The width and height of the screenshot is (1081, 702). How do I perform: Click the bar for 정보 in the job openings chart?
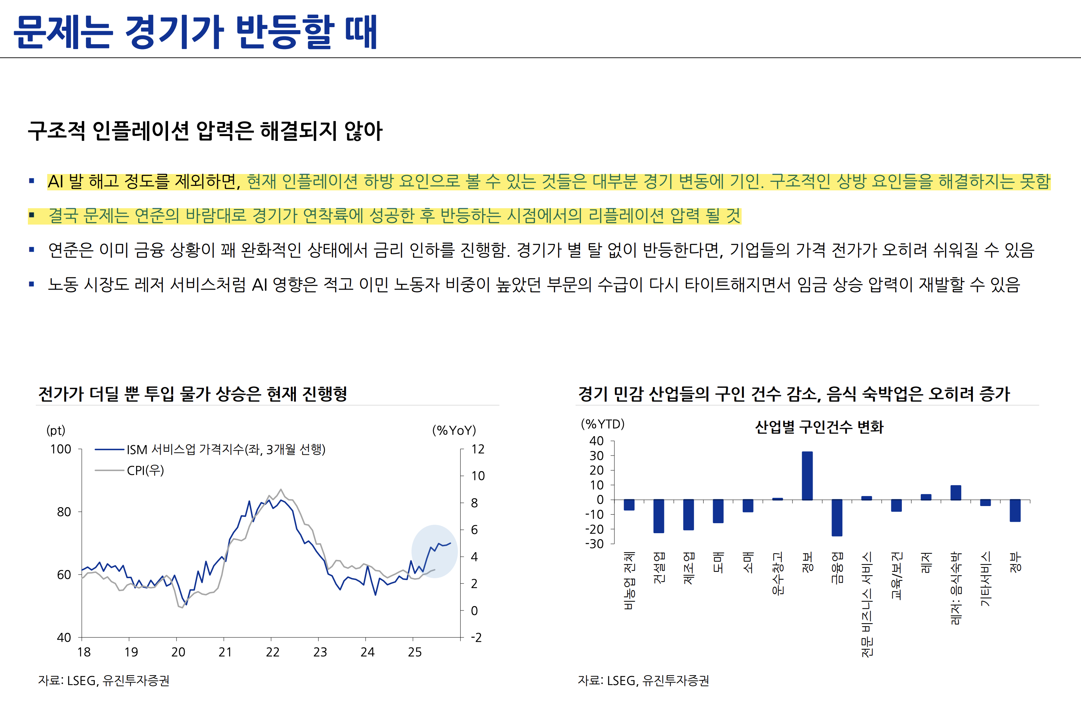(807, 476)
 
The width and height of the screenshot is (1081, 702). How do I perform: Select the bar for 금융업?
(837, 518)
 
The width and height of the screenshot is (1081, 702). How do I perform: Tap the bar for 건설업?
(659, 516)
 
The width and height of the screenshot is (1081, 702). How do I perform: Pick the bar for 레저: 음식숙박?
(956, 493)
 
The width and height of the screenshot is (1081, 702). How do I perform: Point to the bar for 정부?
(1015, 510)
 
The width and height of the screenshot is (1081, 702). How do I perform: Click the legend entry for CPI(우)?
(145, 470)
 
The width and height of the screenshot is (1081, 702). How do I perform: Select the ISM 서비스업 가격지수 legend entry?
(225, 450)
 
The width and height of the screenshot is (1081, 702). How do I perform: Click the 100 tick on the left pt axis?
(61, 450)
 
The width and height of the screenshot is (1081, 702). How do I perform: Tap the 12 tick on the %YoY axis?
(478, 450)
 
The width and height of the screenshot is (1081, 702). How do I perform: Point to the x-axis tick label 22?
(272, 653)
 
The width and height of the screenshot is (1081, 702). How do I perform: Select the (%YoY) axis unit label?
(454, 430)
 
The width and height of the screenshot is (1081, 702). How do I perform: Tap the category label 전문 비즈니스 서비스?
(867, 604)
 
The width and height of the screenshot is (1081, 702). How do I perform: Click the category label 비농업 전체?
(629, 580)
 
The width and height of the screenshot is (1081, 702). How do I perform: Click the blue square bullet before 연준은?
(31, 249)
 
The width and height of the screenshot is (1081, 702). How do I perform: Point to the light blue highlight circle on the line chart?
(434, 551)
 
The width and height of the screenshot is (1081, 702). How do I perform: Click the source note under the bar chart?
(643, 681)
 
